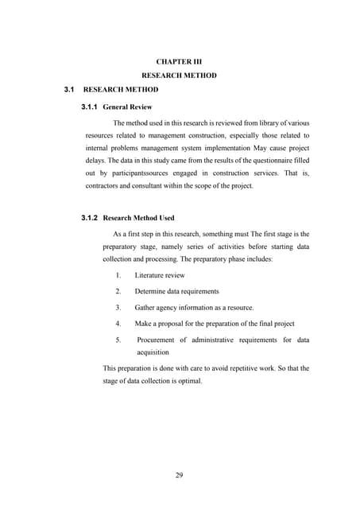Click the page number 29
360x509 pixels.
pos(179,476)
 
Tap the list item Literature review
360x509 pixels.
pos(160,275)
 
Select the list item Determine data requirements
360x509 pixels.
pos(176,291)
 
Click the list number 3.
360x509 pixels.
pos(118,307)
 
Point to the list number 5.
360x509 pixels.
pos(118,340)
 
